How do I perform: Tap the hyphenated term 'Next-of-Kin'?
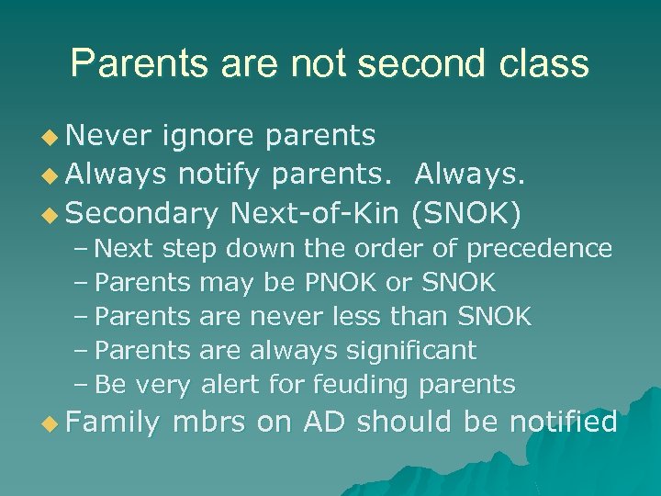click(315, 213)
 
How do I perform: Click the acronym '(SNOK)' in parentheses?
click(467, 213)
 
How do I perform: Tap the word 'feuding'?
click(358, 384)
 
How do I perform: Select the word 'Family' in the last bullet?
click(113, 423)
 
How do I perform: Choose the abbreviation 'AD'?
click(324, 423)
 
